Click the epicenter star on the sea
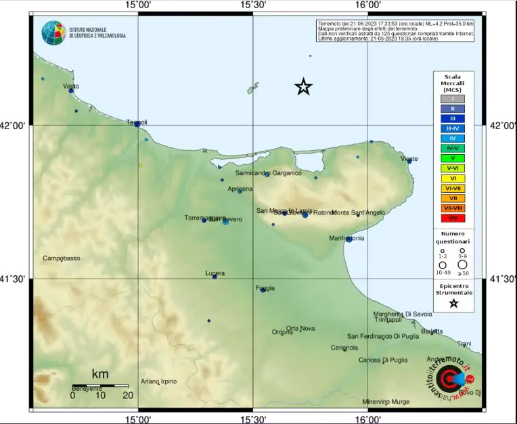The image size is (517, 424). click(304, 87)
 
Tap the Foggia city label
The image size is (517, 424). click(265, 289)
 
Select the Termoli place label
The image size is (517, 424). click(137, 122)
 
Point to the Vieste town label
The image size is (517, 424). click(409, 159)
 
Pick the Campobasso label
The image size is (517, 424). click(62, 258)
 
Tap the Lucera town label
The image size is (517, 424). click(215, 273)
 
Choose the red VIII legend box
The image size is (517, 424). click(453, 218)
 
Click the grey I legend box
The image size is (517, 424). click(453, 99)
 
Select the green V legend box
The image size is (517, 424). click(453, 158)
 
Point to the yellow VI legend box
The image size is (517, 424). click(453, 178)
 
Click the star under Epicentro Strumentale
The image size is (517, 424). click(453, 304)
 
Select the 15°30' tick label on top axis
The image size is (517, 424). click(253, 5)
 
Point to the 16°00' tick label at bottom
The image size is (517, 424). click(367, 419)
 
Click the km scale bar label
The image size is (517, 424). click(100, 374)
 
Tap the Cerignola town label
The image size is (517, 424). click(344, 348)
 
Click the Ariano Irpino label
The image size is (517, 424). click(159, 381)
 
